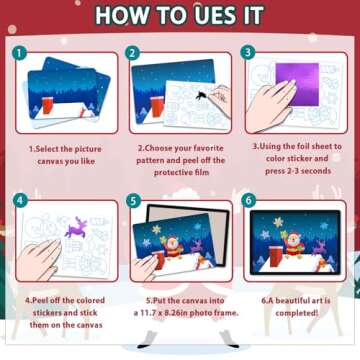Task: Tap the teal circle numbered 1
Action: [x=20, y=53]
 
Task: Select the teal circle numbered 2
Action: [x=133, y=53]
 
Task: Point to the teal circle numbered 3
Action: [x=248, y=52]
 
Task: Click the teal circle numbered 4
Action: [x=20, y=201]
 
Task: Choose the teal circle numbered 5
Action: [x=134, y=201]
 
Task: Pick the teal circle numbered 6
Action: [x=250, y=200]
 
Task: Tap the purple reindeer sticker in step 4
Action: [x=76, y=227]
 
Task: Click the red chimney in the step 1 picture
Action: [x=48, y=106]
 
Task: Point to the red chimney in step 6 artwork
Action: [x=276, y=257]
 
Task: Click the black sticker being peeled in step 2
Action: [x=201, y=96]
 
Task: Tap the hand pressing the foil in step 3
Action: [x=269, y=102]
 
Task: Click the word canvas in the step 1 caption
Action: [x=51, y=162]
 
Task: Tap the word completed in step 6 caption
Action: [x=297, y=313]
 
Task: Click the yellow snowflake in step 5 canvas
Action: [x=157, y=230]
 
